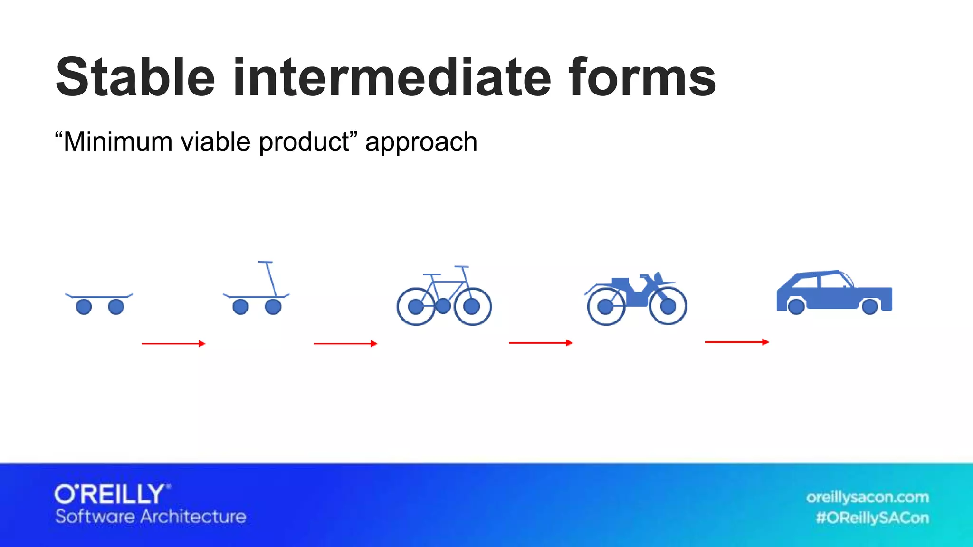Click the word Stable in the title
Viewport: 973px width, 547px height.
coord(135,77)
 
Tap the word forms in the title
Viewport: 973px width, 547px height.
coord(642,77)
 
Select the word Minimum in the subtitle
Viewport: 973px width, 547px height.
coord(118,141)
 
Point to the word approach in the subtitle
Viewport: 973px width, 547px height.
coord(421,142)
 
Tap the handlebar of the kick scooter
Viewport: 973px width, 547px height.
coord(265,262)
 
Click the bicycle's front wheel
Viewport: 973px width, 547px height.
coord(472,306)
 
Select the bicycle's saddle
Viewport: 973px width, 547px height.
coord(432,274)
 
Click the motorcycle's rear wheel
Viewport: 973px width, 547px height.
coord(605,307)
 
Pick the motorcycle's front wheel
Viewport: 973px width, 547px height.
coord(668,306)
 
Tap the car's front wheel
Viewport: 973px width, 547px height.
coord(870,306)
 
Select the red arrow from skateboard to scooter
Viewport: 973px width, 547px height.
coord(173,343)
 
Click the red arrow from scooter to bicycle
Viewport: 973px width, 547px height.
coord(345,343)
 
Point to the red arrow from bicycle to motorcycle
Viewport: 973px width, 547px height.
coord(541,342)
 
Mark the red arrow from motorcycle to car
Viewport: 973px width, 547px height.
coord(736,342)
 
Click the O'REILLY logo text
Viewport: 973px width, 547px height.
coord(111,495)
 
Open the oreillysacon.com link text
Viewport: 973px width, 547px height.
coord(867,497)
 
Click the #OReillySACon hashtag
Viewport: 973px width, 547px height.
coord(872,518)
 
